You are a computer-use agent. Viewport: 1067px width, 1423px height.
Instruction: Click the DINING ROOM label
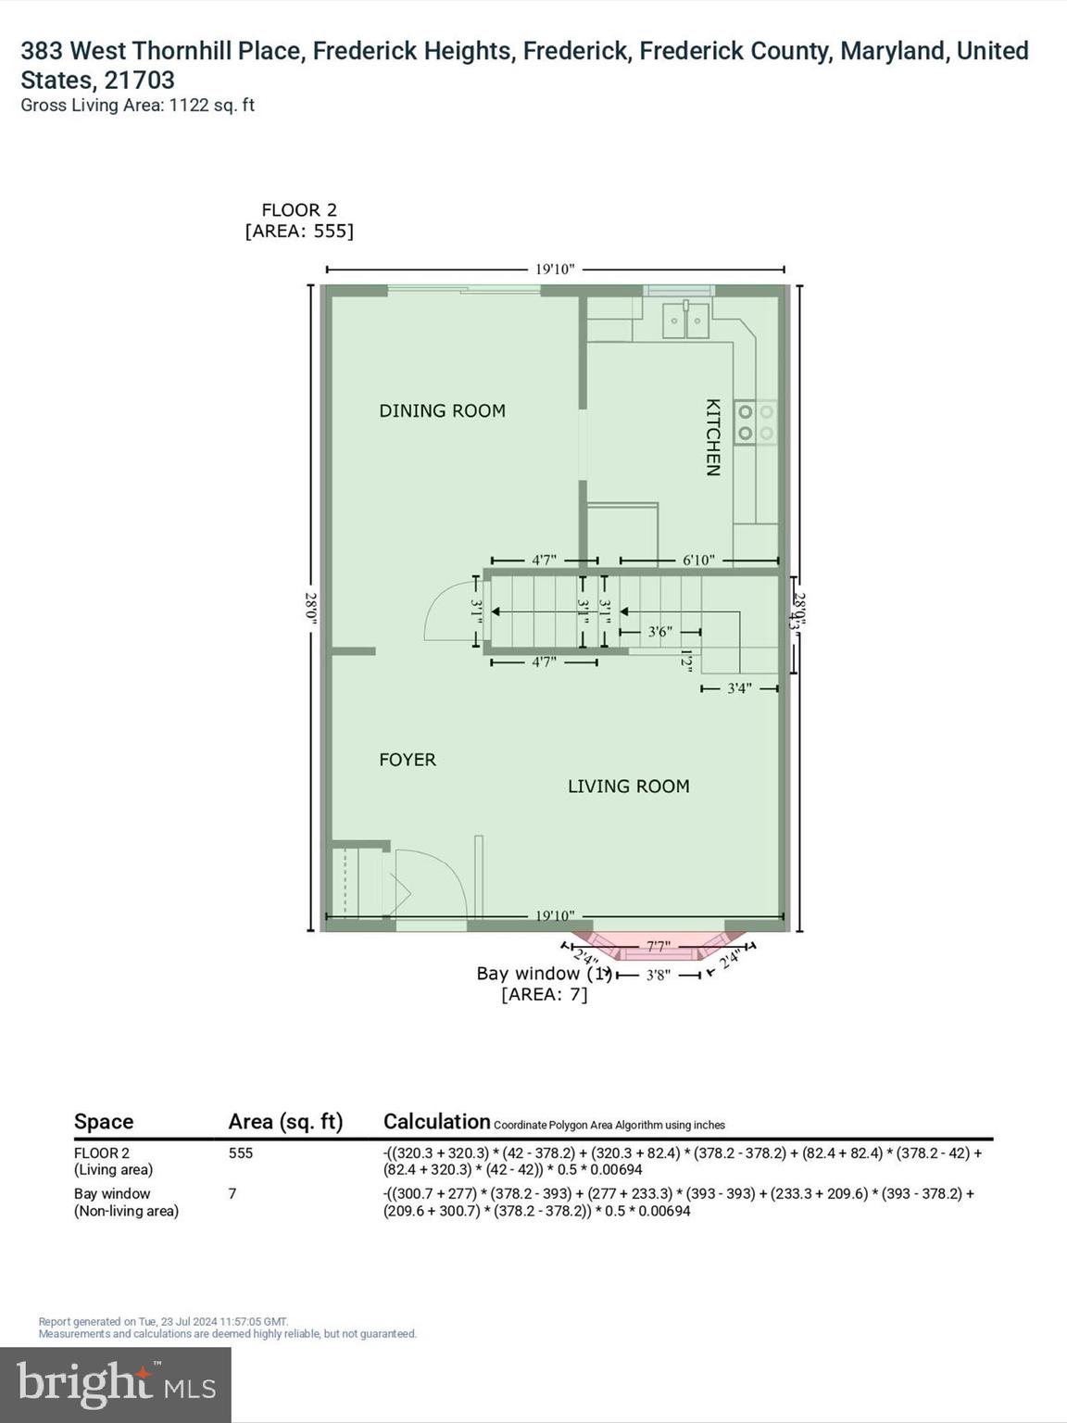(x=442, y=410)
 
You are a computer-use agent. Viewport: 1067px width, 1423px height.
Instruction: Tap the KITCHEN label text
(x=712, y=437)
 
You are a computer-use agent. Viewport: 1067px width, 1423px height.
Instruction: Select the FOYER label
(x=407, y=760)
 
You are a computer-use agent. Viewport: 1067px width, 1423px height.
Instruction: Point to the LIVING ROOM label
(x=628, y=787)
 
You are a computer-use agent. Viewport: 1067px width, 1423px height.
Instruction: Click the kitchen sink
(x=685, y=321)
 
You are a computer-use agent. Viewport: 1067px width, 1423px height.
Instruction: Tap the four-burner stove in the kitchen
(x=755, y=422)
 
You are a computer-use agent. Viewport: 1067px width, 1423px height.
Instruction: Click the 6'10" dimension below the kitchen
(x=698, y=560)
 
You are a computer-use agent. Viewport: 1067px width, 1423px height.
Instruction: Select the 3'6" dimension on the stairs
(x=659, y=632)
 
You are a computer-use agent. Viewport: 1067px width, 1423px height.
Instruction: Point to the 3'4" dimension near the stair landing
(x=739, y=688)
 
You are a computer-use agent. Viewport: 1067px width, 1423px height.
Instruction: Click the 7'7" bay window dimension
(x=658, y=946)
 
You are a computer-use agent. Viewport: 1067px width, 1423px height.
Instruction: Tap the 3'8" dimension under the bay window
(x=658, y=975)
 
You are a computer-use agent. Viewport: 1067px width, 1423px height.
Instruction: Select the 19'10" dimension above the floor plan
(x=555, y=270)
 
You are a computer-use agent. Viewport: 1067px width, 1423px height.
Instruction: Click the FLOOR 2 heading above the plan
(x=298, y=210)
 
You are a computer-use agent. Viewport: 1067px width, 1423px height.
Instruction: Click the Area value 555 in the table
(x=241, y=1153)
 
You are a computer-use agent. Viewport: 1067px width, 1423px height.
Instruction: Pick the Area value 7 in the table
(x=232, y=1194)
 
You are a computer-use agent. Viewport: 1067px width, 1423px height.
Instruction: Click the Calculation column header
(x=436, y=1122)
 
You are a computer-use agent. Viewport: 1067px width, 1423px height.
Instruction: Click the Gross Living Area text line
(x=137, y=106)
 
